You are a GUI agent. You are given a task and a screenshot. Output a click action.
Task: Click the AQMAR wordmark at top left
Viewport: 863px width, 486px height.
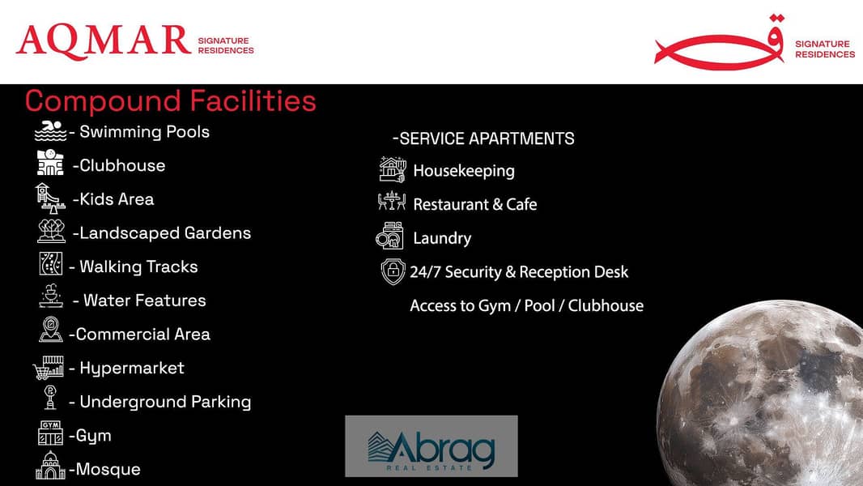(x=104, y=42)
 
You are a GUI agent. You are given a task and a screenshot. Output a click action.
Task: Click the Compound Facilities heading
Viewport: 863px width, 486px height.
(x=171, y=101)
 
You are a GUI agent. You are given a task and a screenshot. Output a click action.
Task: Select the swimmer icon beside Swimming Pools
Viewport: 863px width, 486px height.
(x=50, y=131)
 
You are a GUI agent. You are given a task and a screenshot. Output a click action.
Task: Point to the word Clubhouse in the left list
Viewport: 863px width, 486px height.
(x=122, y=166)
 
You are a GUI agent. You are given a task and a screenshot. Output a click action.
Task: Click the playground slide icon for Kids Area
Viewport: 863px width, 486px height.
(x=50, y=198)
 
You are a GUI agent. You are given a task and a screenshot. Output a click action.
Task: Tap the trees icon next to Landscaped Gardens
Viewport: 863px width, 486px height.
(x=51, y=231)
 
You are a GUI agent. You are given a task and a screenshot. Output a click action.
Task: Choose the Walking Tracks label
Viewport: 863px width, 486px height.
(x=138, y=267)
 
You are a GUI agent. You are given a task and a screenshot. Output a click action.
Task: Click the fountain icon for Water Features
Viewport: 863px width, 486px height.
(x=51, y=296)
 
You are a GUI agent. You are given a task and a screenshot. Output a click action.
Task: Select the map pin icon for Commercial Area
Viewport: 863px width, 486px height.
(x=51, y=329)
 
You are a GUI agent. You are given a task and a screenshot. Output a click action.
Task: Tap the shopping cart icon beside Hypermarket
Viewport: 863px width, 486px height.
(x=49, y=368)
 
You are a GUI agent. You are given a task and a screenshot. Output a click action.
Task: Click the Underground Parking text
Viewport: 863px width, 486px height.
(x=165, y=403)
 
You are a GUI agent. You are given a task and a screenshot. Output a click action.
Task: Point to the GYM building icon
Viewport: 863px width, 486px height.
(x=50, y=433)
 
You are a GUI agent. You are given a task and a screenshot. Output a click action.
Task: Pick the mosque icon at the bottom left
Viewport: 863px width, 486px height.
(x=50, y=466)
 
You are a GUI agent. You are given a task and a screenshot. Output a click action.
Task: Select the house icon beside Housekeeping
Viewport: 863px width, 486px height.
(x=393, y=169)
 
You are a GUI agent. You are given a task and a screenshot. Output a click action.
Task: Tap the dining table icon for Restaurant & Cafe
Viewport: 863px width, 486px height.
(x=391, y=201)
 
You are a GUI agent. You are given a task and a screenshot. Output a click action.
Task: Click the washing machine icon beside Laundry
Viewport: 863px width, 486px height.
(x=389, y=236)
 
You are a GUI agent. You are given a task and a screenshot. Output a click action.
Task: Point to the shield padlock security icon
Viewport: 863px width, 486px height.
(x=393, y=271)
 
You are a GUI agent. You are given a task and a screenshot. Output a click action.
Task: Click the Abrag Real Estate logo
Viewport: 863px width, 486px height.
(x=431, y=446)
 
